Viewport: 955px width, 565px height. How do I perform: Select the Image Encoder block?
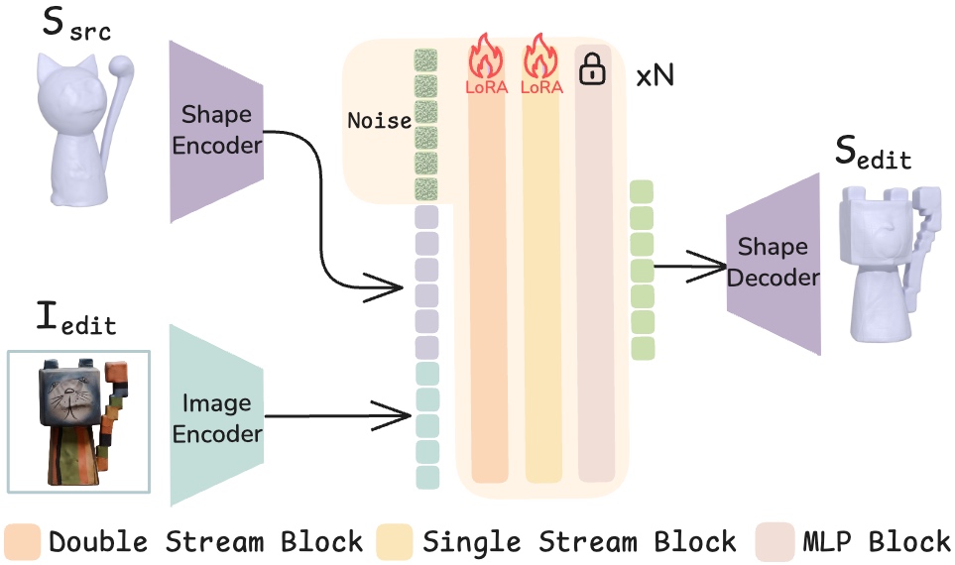pyautogui.click(x=216, y=417)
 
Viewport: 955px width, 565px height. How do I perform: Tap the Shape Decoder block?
pyautogui.click(x=774, y=262)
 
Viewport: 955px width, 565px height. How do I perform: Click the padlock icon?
pyautogui.click(x=592, y=68)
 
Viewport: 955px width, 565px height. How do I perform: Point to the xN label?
pyautogui.click(x=655, y=76)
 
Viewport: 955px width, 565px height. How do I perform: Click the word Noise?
pyautogui.click(x=379, y=121)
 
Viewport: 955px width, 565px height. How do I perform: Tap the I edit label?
pyautogui.click(x=75, y=319)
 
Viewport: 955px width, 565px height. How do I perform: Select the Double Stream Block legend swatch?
pyautogui.click(x=22, y=541)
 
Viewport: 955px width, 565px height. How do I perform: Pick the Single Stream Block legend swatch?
pyautogui.click(x=396, y=541)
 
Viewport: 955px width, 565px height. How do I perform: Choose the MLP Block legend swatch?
pyautogui.click(x=776, y=541)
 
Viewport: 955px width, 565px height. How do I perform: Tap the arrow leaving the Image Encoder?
pyautogui.click(x=337, y=416)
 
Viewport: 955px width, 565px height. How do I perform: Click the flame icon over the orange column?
pyautogui.click(x=486, y=56)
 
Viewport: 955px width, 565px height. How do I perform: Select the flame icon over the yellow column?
pyautogui.click(x=541, y=56)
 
